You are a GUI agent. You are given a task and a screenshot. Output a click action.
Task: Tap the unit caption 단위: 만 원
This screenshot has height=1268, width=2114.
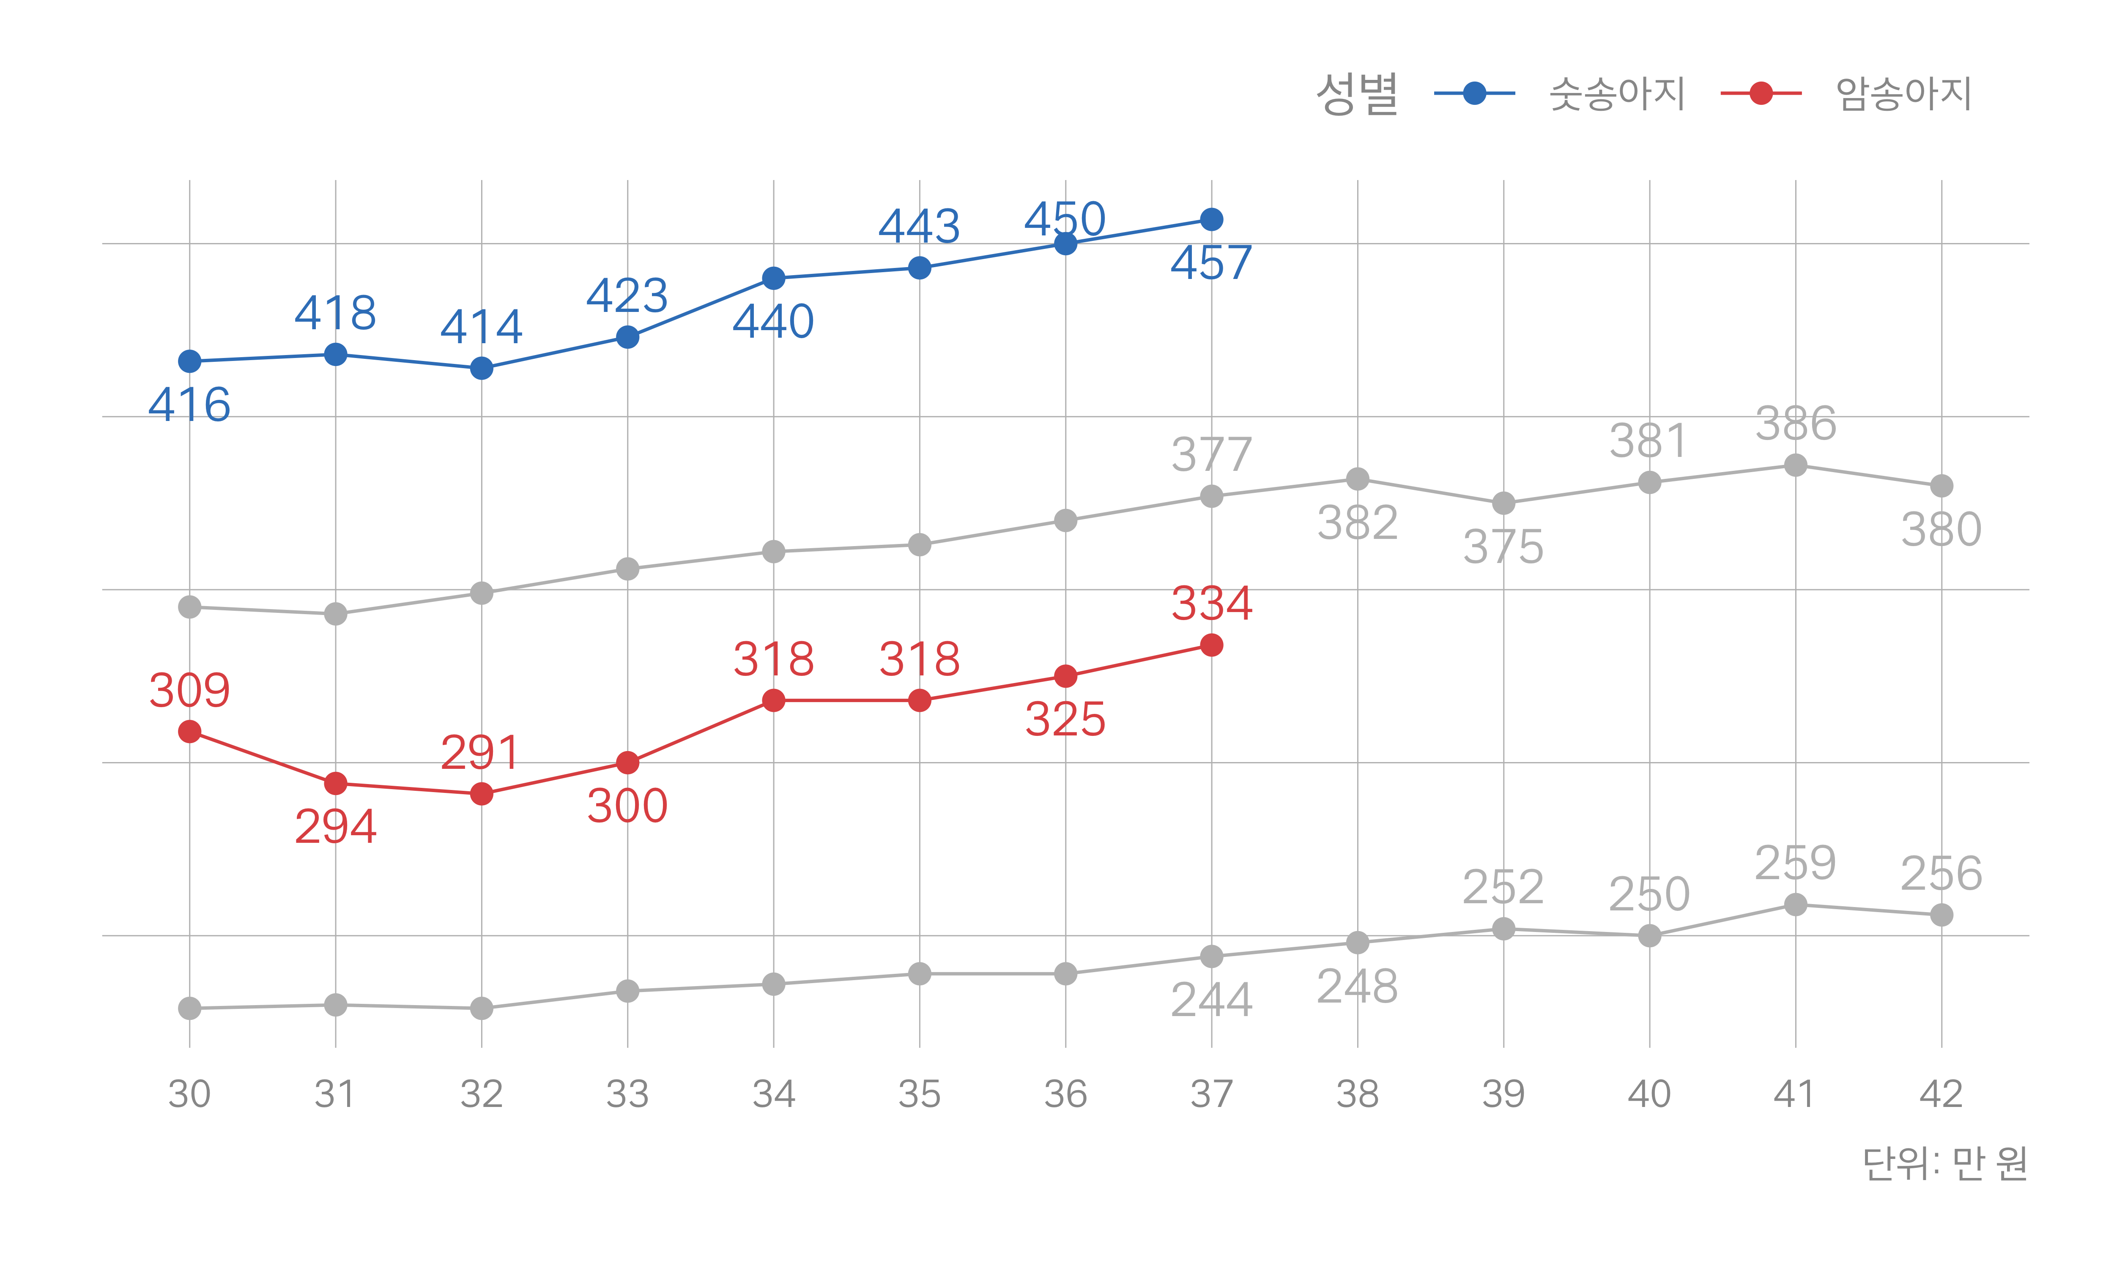pyautogui.click(x=1945, y=1164)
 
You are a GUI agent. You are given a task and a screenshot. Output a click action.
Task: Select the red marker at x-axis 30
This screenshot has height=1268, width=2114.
pyautogui.click(x=190, y=731)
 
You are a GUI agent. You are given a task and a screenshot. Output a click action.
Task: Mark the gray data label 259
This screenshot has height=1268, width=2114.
pyautogui.click(x=1795, y=863)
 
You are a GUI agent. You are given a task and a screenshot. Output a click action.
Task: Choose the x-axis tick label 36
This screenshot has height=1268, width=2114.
pyautogui.click(x=1065, y=1094)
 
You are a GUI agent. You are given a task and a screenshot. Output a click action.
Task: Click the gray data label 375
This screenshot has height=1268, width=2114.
pyautogui.click(x=1503, y=547)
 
